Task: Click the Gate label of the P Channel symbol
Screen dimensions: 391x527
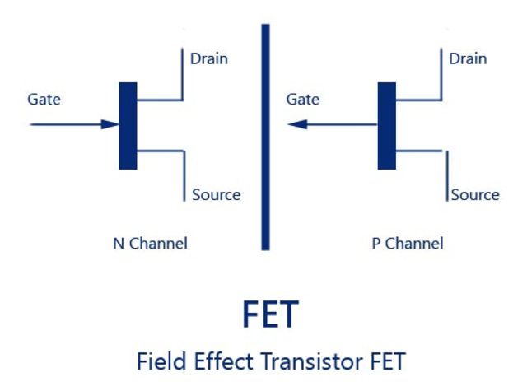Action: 302,100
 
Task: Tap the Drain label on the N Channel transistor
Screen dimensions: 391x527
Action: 209,58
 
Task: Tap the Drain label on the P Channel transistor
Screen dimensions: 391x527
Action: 468,58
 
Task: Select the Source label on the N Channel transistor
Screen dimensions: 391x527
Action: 216,195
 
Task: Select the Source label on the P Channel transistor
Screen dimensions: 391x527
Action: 475,195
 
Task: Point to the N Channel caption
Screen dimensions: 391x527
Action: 150,244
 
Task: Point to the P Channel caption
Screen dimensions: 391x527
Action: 408,244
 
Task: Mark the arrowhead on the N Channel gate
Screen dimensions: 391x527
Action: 110,125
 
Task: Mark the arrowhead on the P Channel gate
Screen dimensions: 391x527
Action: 298,125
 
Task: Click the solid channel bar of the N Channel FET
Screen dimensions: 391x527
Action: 128,125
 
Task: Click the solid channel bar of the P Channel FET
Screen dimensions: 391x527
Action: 386,125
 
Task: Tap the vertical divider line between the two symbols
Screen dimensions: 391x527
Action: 265,136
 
